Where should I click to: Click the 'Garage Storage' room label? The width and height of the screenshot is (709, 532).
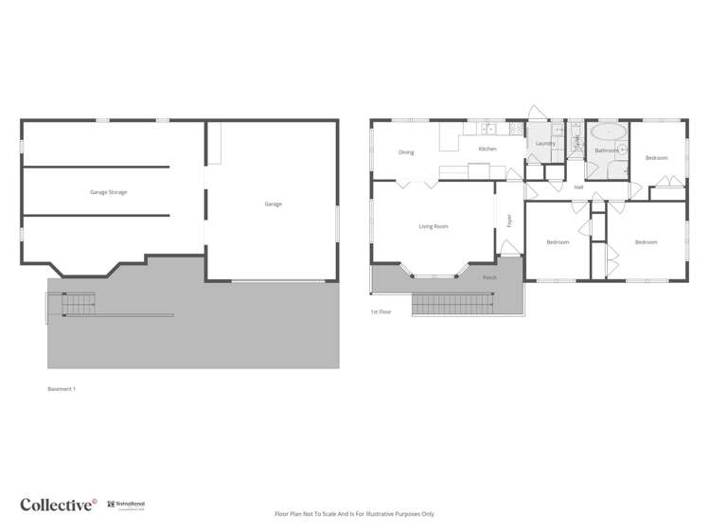(x=108, y=192)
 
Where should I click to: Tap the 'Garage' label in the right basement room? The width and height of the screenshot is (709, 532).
(x=273, y=204)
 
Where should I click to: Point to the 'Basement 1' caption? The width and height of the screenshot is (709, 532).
(x=62, y=389)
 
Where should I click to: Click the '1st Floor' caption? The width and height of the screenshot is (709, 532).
(x=381, y=311)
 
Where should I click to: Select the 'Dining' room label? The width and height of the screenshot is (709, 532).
(x=406, y=152)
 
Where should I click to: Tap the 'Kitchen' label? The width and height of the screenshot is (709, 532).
(x=487, y=149)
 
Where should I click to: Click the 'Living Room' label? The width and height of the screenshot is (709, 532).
(x=434, y=226)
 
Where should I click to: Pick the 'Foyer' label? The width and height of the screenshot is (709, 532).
(x=509, y=221)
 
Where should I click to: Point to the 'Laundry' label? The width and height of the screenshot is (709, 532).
(x=545, y=144)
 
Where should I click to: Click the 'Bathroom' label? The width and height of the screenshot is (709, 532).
(x=606, y=151)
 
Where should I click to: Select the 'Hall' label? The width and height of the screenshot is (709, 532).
(x=578, y=187)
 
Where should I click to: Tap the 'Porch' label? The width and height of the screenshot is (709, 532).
(x=489, y=278)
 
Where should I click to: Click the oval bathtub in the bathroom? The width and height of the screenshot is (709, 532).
(x=608, y=131)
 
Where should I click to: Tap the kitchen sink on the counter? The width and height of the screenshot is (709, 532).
(x=487, y=128)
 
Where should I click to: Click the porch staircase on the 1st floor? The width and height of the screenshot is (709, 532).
(x=453, y=304)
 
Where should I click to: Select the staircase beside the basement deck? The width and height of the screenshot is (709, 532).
(x=79, y=305)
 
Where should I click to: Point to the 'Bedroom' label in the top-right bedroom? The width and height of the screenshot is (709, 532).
(x=656, y=158)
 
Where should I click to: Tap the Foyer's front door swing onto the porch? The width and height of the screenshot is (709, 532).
(x=509, y=248)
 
